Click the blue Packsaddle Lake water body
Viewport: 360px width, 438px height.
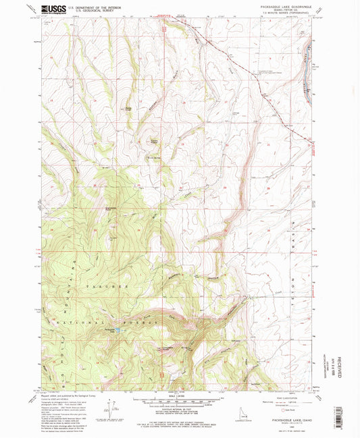(x=117, y=331)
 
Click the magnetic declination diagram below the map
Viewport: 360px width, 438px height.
(x=120, y=405)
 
